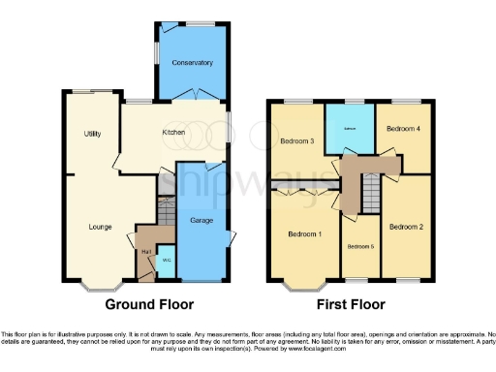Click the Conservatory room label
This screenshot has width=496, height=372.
coord(192,63)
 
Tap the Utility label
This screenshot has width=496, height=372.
coord(93,133)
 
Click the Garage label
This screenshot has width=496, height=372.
coord(200,220)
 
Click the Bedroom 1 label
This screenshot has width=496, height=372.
coord(305,234)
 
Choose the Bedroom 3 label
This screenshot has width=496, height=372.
coord(297,141)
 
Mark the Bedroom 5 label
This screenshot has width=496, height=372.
coord(360,246)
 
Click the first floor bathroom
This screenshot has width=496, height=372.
coord(350,128)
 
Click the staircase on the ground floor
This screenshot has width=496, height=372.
coord(165,208)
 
